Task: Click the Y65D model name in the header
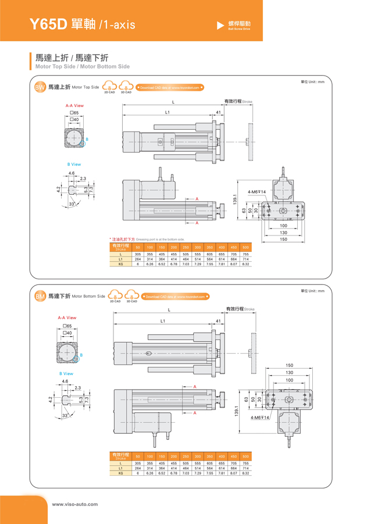pyautogui.click(x=49, y=24)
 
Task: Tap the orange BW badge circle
pyautogui.click(x=40, y=88)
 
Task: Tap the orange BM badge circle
pyautogui.click(x=40, y=297)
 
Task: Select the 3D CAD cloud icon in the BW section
pyautogui.click(x=126, y=87)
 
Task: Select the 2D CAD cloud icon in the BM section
pyautogui.click(x=115, y=295)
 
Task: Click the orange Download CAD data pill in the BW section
pyautogui.click(x=170, y=88)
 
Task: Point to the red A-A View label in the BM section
pyautogui.click(x=67, y=318)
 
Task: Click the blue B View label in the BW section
pyautogui.click(x=73, y=165)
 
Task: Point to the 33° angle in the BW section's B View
pyautogui.click(x=72, y=205)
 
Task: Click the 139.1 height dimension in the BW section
pyautogui.click(x=235, y=199)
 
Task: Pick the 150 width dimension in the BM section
pyautogui.click(x=289, y=365)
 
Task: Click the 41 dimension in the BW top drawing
pyautogui.click(x=218, y=112)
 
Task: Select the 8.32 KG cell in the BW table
pyautogui.click(x=245, y=264)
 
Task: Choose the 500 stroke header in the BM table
pyautogui.click(x=245, y=456)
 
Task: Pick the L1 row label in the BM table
pyautogui.click(x=121, y=468)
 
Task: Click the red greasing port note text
pyautogui.click(x=147, y=239)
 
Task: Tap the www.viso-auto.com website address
pyautogui.click(x=75, y=504)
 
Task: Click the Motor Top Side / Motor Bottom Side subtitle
pyautogui.click(x=83, y=67)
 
